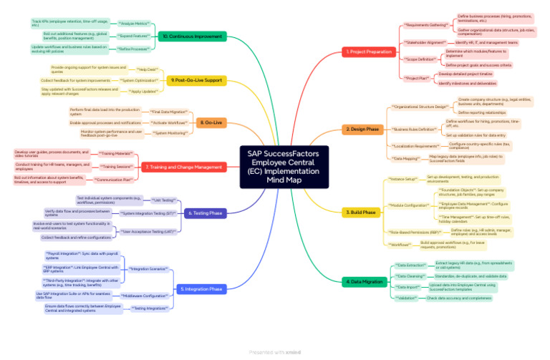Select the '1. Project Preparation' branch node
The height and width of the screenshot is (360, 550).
pyautogui.click(x=368, y=52)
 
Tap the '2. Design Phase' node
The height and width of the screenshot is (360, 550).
pyautogui.click(x=363, y=130)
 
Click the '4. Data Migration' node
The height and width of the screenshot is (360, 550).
pyautogui.click(x=364, y=282)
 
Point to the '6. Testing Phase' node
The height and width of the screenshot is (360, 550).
pyautogui.click(x=206, y=213)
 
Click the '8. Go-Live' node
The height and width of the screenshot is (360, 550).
pyautogui.click(x=209, y=122)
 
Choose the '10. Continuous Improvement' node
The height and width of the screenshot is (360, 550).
pyautogui.click(x=192, y=36)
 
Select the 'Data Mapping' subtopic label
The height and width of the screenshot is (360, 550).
pyautogui.click(x=406, y=158)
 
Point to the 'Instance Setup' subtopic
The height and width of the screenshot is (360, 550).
pyautogui.click(x=402, y=179)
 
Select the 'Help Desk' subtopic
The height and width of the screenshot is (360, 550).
pyautogui.click(x=147, y=69)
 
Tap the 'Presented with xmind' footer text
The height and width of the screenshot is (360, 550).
pyautogui.click(x=275, y=352)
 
